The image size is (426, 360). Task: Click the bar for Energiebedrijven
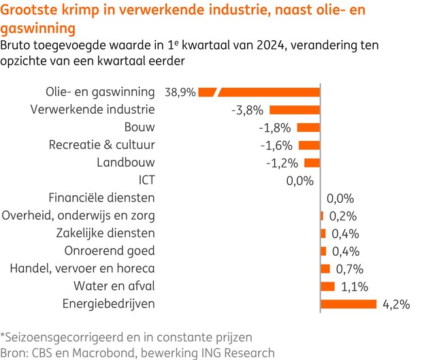pyautogui.click(x=348, y=304)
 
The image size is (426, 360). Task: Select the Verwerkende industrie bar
pyautogui.click(x=295, y=110)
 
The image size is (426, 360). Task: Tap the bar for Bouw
pyautogui.click(x=308, y=127)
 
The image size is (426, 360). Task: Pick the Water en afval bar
pyautogui.click(x=328, y=286)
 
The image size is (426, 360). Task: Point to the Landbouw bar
pyautogui.click(x=312, y=163)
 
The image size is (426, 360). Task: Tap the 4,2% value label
pyautogui.click(x=396, y=304)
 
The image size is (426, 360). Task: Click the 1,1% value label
pyautogui.click(x=354, y=287)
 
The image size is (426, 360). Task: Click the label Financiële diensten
pyautogui.click(x=102, y=198)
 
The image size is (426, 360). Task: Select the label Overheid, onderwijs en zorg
pyautogui.click(x=79, y=216)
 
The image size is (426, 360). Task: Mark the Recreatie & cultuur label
pyautogui.click(x=102, y=145)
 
